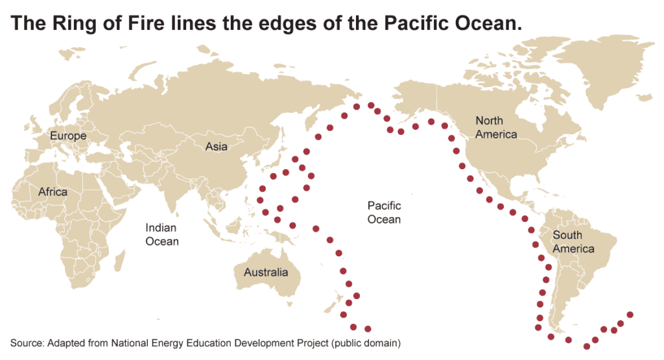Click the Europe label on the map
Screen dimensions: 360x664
click(68, 136)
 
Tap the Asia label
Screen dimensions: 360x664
click(216, 147)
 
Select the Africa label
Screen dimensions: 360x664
click(53, 192)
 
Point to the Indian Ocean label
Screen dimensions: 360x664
click(161, 234)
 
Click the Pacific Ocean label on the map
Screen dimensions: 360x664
click(384, 212)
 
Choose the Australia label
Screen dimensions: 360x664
click(265, 272)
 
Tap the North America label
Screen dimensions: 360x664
click(496, 127)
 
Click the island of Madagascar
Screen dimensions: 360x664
click(119, 259)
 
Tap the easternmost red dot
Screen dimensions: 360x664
click(630, 315)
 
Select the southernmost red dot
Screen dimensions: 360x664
click(587, 346)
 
